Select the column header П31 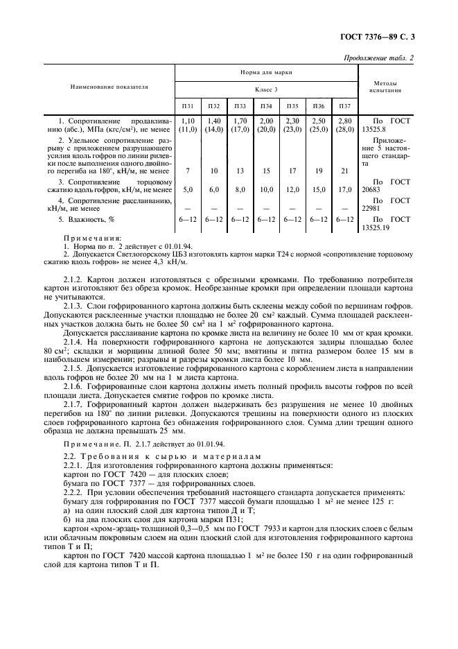pos(188,106)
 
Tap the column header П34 pos(265,106)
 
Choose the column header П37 pos(344,106)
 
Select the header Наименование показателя pos(109,87)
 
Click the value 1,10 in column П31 pos(188,121)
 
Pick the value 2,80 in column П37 pos(344,121)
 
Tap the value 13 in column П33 pos(240,170)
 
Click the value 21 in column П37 pos(344,170)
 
